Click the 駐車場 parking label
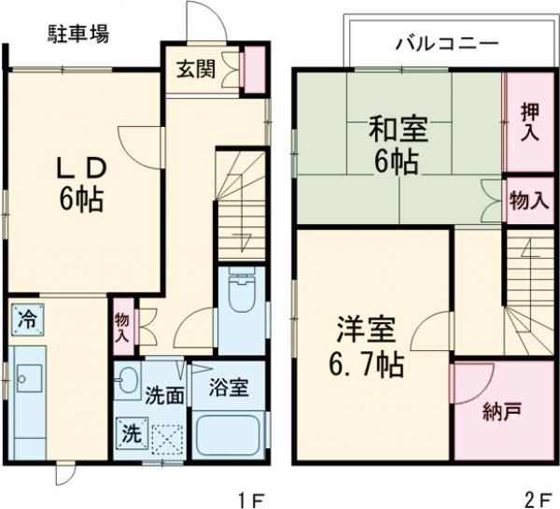pos(78,35)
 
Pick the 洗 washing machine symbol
pos(131,433)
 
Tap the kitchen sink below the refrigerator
pos(28,378)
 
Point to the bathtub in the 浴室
pos(230,435)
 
